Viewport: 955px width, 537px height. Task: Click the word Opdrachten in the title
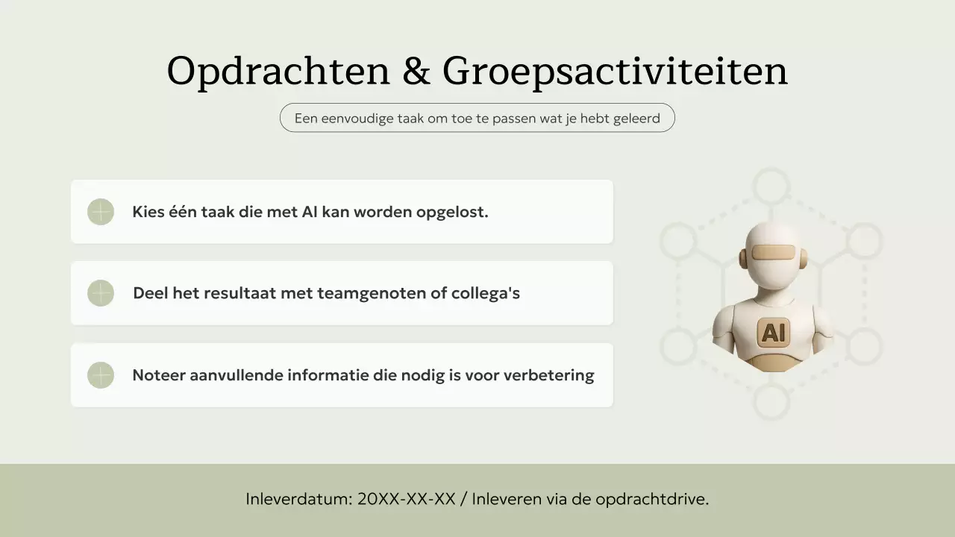pyautogui.click(x=278, y=72)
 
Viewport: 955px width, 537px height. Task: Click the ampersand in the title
pyautogui.click(x=416, y=72)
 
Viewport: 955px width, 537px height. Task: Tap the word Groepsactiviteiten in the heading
pyautogui.click(x=615, y=72)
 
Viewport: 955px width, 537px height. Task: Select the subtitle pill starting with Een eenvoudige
pyautogui.click(x=477, y=118)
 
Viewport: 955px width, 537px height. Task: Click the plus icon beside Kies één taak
pyautogui.click(x=101, y=212)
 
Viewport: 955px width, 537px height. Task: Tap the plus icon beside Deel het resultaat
pyautogui.click(x=101, y=293)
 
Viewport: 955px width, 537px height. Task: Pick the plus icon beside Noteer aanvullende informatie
pyautogui.click(x=101, y=375)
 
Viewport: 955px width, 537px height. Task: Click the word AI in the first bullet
pyautogui.click(x=310, y=212)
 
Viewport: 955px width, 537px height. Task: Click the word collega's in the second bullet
pyautogui.click(x=485, y=293)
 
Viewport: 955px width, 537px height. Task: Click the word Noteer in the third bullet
pyautogui.click(x=158, y=375)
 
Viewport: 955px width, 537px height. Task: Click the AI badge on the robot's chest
pyautogui.click(x=773, y=332)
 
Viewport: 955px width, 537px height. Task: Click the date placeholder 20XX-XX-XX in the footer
pyautogui.click(x=406, y=500)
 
